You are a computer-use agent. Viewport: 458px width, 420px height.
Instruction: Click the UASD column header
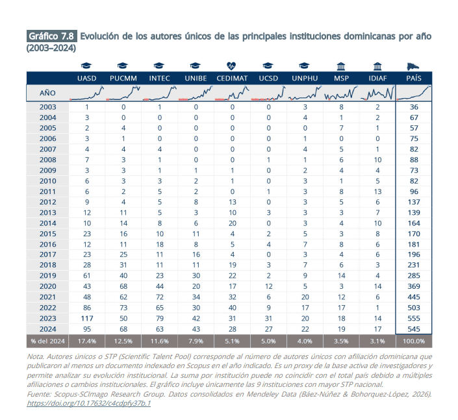click(x=87, y=78)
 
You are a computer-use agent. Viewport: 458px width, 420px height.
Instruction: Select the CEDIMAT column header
click(x=232, y=78)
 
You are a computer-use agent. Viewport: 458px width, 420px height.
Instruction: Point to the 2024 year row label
click(x=47, y=328)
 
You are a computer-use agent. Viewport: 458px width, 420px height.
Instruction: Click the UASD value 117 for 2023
click(x=87, y=318)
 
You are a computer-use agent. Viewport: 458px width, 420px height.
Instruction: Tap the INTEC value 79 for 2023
click(x=160, y=318)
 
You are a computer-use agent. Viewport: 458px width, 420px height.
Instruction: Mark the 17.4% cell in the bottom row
click(x=87, y=341)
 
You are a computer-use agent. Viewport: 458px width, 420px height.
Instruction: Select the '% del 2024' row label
click(x=47, y=341)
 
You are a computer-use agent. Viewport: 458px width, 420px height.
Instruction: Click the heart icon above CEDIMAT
click(x=231, y=66)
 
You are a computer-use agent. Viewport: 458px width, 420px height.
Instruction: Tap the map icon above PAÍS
click(x=413, y=66)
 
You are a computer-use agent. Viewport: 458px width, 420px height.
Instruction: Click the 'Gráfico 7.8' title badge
click(x=51, y=36)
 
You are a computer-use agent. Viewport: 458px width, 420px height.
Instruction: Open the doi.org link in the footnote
click(x=88, y=403)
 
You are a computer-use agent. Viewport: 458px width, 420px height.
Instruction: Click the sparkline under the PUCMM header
click(x=123, y=93)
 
